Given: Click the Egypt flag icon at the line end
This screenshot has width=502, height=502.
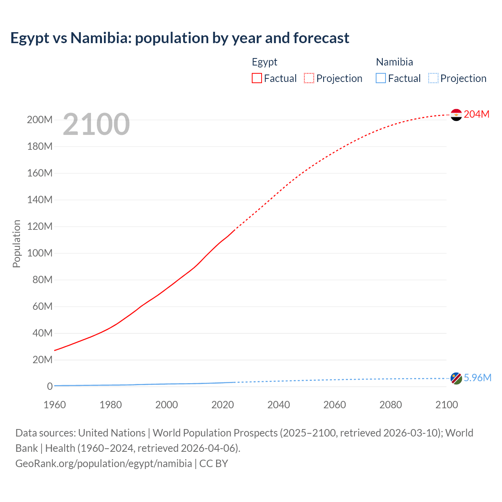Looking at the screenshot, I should coord(456,115).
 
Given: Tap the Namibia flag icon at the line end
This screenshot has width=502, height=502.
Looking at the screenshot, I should coord(456,378).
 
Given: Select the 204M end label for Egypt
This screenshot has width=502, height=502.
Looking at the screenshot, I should coord(477,114).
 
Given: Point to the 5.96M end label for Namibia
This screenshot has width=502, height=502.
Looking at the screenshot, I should coord(477,378).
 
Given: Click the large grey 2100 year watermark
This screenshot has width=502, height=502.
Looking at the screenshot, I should coord(96,124).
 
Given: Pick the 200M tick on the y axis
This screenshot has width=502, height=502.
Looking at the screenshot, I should coord(40,120).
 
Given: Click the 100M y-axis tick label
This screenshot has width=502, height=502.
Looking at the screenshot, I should coord(40,253).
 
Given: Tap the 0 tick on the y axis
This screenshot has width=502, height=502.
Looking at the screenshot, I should coord(50,386).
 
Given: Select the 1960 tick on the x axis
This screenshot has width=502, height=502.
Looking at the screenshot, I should coord(55,405).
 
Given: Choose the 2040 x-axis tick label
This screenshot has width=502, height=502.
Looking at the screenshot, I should coord(278,405).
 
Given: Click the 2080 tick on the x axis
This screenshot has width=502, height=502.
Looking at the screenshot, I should coord(391,405).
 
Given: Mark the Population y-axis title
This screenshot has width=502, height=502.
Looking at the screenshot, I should coord(16,244).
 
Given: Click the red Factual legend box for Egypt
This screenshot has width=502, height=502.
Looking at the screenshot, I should coord(256,78).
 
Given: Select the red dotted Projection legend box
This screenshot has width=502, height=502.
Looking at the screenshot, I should coord(309,78).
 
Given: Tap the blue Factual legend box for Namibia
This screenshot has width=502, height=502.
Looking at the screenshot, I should coord(381,78).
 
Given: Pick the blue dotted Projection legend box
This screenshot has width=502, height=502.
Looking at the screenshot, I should coord(433,78).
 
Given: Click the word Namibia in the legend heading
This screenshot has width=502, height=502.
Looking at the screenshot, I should coord(394,62).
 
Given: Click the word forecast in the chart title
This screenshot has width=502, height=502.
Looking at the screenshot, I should coord(321,38).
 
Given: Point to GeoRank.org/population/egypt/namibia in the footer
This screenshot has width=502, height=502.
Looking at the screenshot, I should coord(104,464).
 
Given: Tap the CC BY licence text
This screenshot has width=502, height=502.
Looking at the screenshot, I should coord(214,464).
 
